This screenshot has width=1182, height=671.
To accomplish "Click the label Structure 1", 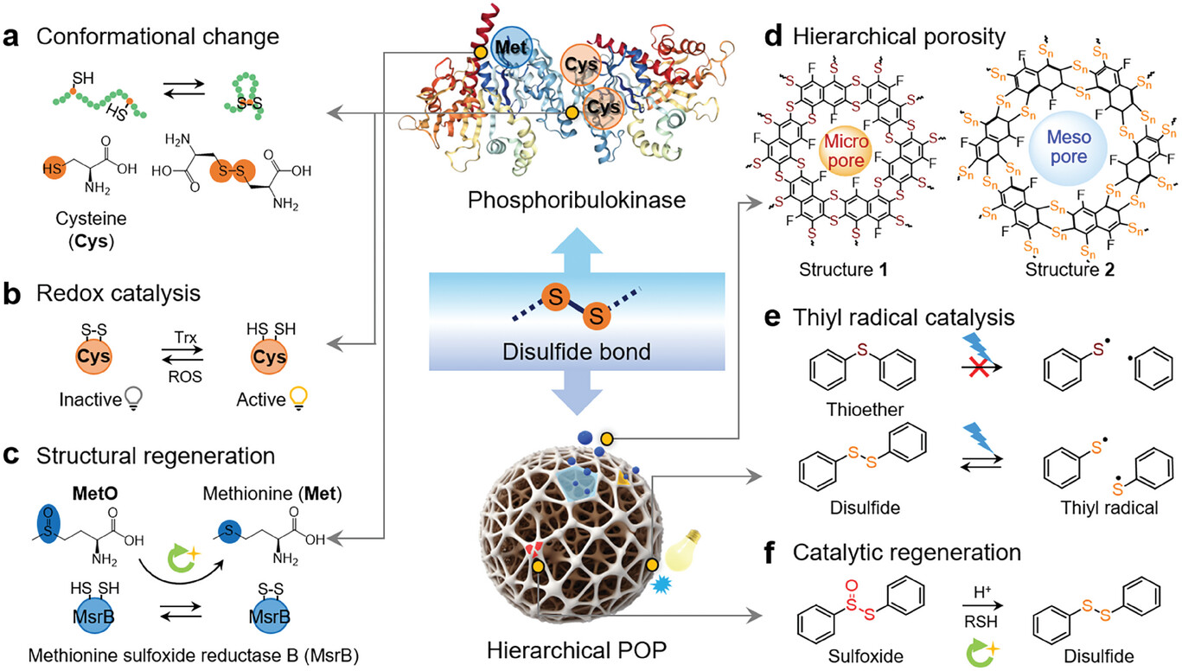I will click(x=845, y=269).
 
